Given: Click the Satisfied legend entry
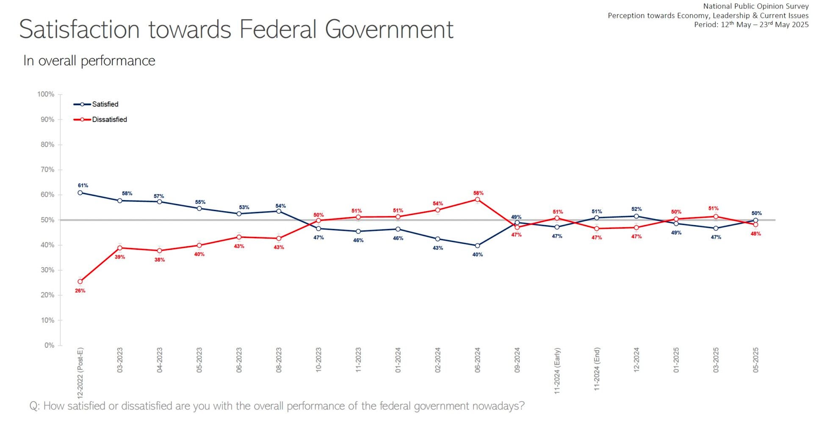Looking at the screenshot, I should point(105,104).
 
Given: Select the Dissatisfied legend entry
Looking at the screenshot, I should point(109,120).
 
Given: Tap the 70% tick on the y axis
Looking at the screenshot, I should point(47,170).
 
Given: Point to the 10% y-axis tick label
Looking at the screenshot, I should point(47,320).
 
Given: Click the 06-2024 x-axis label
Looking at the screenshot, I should point(478,360).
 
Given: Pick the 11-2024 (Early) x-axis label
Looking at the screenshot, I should point(557,371).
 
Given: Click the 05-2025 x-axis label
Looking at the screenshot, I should point(756,360).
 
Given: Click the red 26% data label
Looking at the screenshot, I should point(80,291).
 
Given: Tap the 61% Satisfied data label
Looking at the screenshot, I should point(83,186).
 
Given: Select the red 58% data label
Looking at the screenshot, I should point(478,193).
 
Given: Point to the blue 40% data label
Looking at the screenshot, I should point(478,255).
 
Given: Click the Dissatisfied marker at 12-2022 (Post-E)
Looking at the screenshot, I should point(80,282).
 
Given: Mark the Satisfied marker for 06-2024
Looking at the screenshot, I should point(478,246).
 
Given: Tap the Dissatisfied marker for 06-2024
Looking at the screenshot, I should point(478,199).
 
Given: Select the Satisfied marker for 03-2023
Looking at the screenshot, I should point(120,201).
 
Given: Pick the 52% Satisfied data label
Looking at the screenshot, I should point(636,209).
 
